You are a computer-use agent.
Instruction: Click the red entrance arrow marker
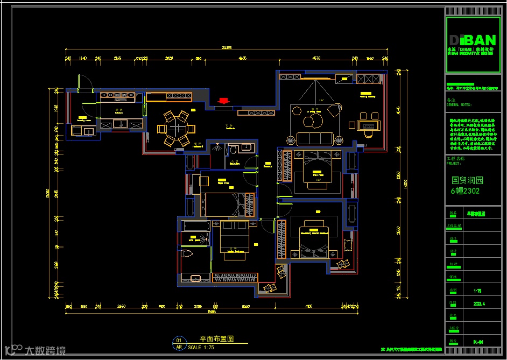pyautogui.click(x=223, y=100)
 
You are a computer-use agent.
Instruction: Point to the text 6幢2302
pyautogui.click(x=465, y=191)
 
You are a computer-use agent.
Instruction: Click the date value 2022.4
pyautogui.click(x=479, y=303)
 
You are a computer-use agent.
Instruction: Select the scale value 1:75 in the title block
pyautogui.click(x=477, y=291)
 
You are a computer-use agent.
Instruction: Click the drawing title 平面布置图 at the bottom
pyautogui.click(x=216, y=339)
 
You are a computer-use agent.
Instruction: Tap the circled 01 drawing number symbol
pyautogui.click(x=179, y=341)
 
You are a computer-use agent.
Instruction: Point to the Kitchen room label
pyautogui.click(x=119, y=110)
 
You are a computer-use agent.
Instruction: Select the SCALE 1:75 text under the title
pyautogui.click(x=201, y=348)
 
